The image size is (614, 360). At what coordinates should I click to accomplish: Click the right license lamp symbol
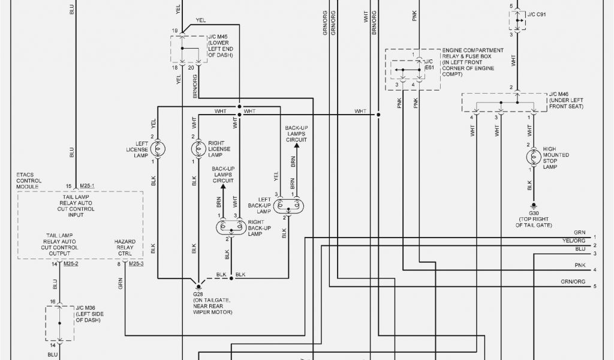197,148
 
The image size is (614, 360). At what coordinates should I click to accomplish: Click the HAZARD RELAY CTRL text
125,247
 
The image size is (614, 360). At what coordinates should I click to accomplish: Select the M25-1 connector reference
87,187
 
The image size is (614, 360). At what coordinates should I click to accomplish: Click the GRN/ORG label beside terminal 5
573,281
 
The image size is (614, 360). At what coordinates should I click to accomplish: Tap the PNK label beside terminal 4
579,265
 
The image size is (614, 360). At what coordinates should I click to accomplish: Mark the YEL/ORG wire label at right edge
574,241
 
